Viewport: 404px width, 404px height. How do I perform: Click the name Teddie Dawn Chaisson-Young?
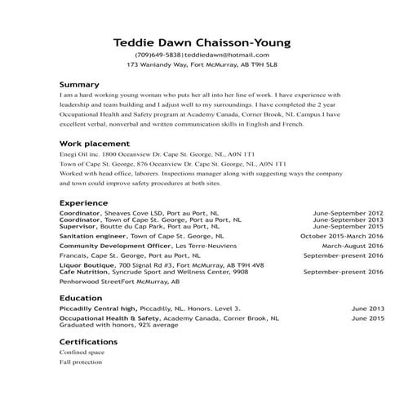pos(202,42)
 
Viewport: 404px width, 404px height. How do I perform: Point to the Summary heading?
pos(79,84)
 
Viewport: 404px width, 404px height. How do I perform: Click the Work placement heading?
pos(90,144)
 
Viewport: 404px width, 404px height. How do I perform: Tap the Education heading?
pos(81,298)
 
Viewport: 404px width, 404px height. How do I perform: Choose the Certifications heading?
pos(88,341)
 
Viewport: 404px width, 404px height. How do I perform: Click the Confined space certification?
pos(82,352)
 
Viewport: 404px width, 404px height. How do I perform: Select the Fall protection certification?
pos(81,361)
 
